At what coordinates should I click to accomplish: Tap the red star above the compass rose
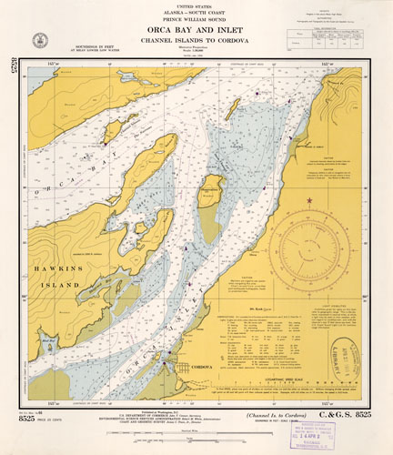pyautogui.click(x=310, y=200)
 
